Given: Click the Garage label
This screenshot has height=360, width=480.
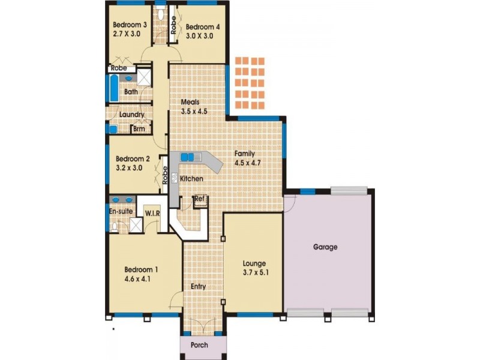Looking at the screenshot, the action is tap(325, 247).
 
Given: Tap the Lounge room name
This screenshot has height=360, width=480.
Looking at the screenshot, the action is tap(254, 263).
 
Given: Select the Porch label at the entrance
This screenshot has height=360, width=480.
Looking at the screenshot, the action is tap(199, 345).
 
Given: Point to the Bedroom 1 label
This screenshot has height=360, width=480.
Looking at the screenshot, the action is tap(141, 269).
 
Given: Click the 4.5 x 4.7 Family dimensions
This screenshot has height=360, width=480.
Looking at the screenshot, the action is tap(247, 163).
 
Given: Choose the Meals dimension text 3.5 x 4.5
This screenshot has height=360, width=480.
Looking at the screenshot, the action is tap(194, 111).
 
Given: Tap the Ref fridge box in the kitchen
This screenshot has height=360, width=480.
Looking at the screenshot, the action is tap(201, 202).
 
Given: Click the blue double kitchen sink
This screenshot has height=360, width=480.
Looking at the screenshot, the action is tap(187, 157).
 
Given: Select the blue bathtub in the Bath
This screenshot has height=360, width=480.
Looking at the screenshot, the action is tap(114, 88).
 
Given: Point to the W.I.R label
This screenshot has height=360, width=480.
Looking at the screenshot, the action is tap(152, 213).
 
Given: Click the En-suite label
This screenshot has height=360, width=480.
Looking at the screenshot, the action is tap(121, 211).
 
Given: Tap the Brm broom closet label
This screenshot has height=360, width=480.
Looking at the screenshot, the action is tap(139, 129).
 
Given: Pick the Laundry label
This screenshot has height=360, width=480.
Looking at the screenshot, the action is tap(131, 115).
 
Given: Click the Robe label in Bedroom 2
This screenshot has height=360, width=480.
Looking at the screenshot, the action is tap(165, 175).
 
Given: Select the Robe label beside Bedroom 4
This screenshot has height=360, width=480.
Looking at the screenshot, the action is tap(173, 25).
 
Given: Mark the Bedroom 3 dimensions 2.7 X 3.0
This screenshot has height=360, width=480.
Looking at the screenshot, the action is tap(127, 34).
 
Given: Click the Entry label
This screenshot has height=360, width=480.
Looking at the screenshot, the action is tap(198, 287).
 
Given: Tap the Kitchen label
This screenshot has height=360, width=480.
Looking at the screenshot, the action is tap(191, 178).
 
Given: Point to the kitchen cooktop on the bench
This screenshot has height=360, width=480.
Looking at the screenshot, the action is tap(175, 178).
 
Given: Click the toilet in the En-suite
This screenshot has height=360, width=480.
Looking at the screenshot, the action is tap(115, 227).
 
